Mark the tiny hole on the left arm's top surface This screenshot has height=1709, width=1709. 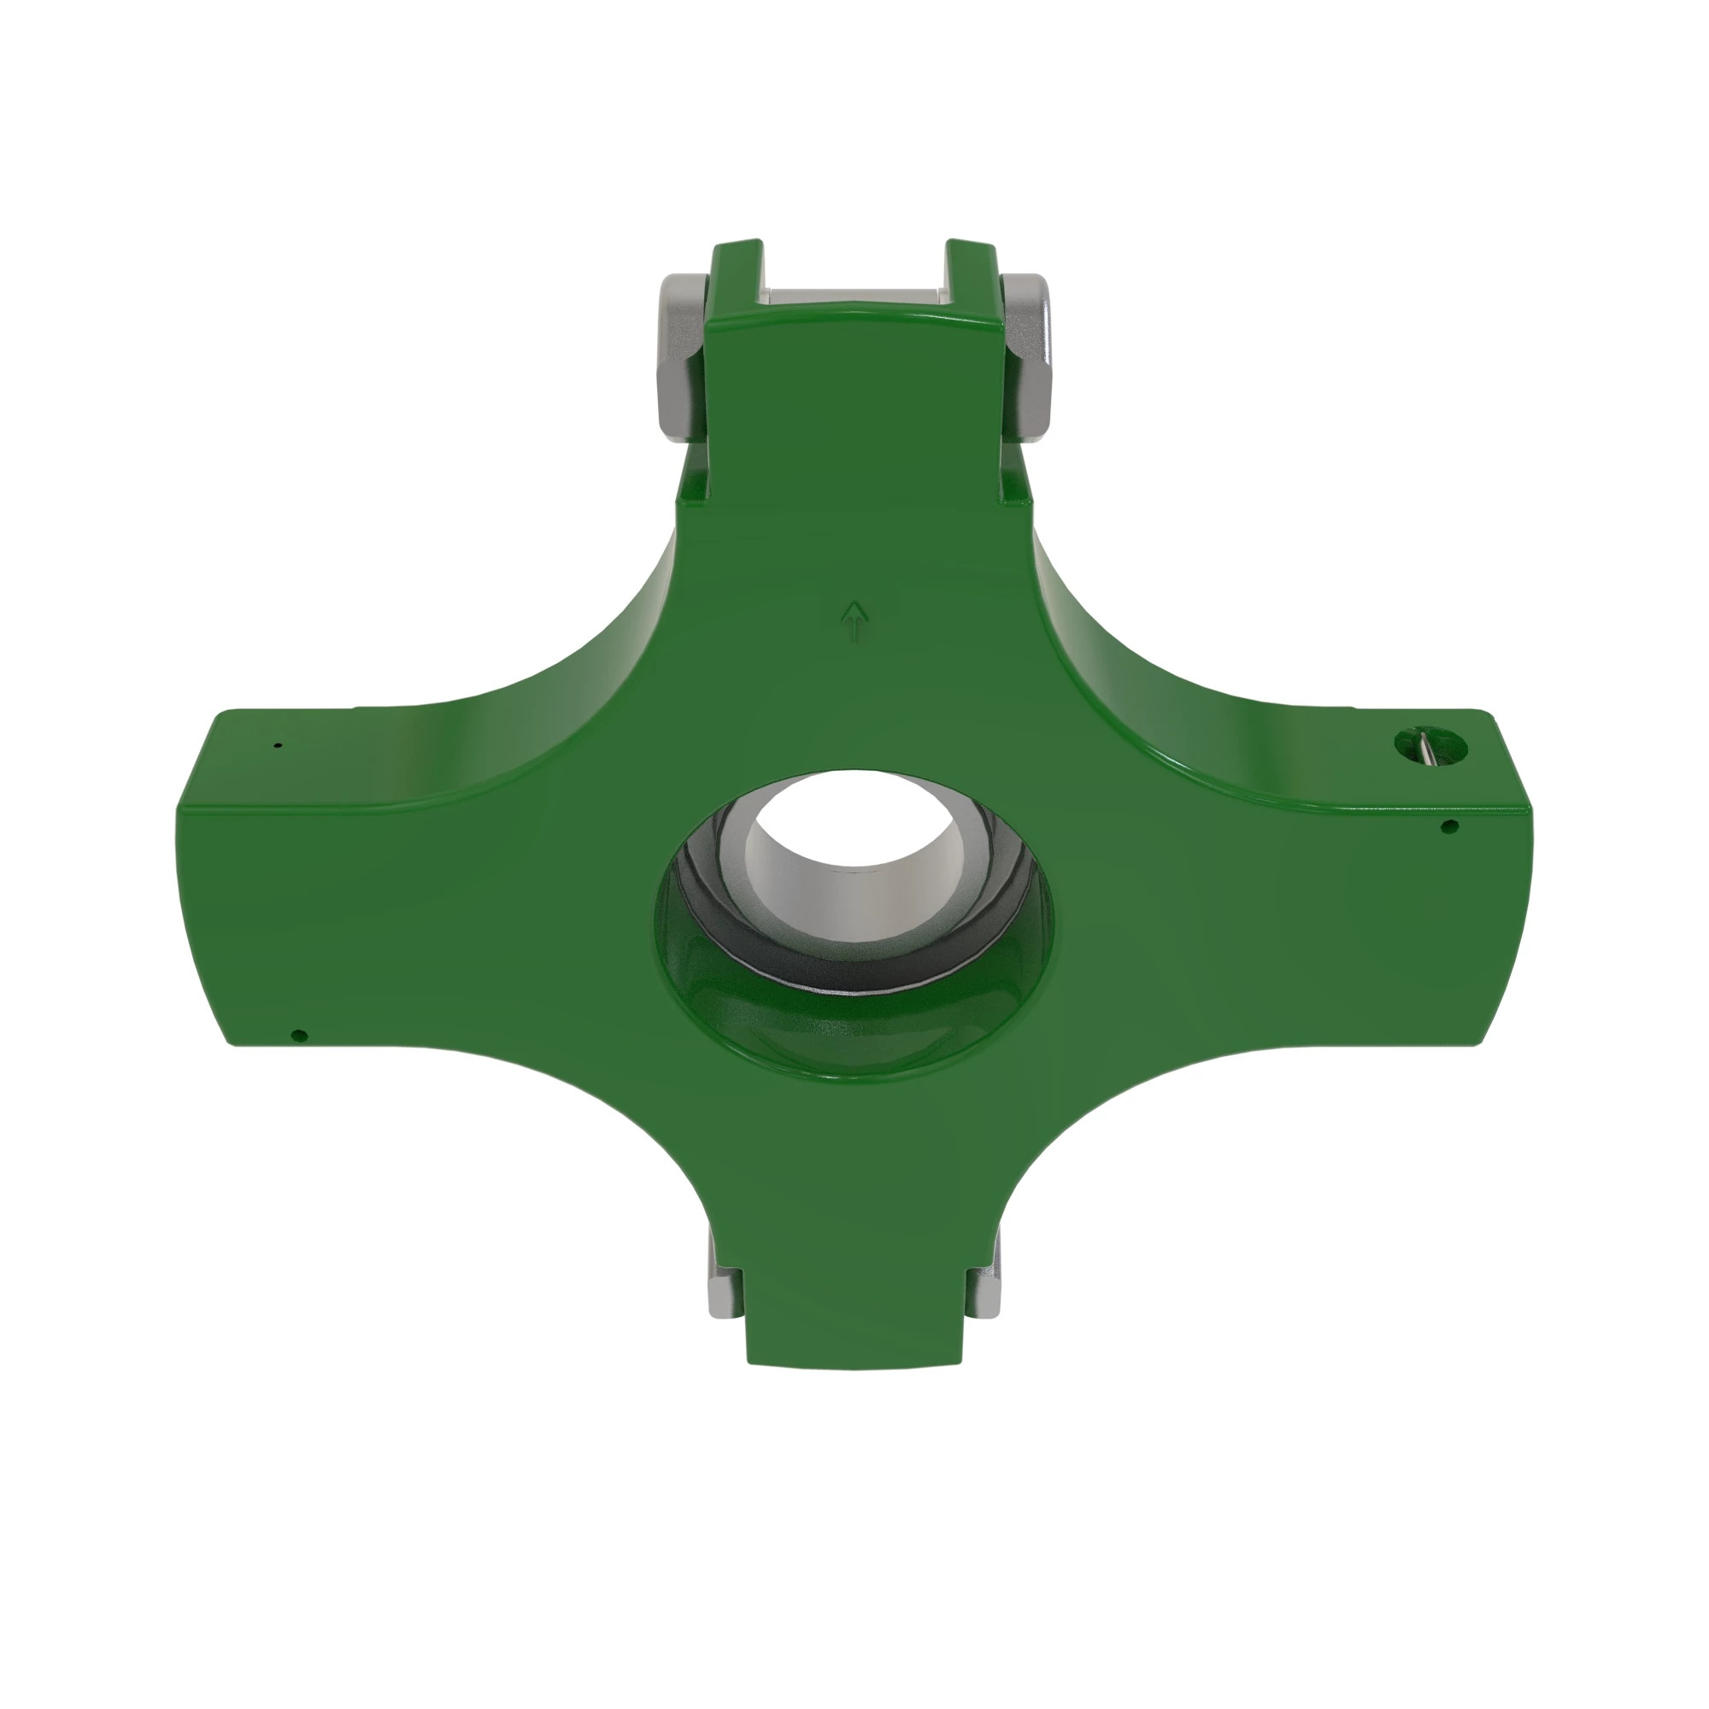pos(278,746)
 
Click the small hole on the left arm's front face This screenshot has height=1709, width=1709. pos(298,1034)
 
